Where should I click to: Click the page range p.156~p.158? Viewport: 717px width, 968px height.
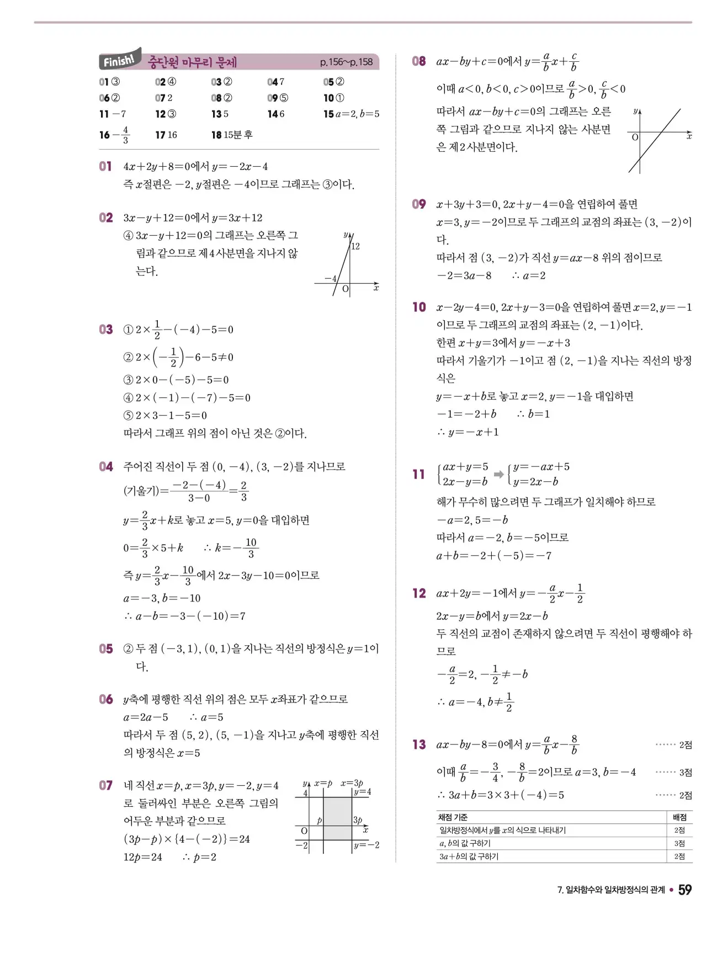click(x=346, y=62)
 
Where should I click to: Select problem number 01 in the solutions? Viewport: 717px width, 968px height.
click(x=105, y=166)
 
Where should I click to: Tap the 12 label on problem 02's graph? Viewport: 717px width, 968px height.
click(x=355, y=246)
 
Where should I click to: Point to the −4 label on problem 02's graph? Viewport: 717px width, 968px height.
click(x=330, y=279)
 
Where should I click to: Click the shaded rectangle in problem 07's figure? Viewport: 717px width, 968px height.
click(x=337, y=818)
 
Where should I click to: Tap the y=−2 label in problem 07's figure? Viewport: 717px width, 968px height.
click(x=367, y=845)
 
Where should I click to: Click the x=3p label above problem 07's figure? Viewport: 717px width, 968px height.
click(x=352, y=783)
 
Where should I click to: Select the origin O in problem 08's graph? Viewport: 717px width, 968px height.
click(x=635, y=137)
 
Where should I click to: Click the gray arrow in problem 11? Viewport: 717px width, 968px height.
click(x=499, y=474)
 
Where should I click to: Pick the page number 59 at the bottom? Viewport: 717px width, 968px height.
click(x=684, y=890)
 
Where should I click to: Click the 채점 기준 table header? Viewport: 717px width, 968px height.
click(x=453, y=817)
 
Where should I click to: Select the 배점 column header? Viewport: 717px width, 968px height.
click(x=679, y=817)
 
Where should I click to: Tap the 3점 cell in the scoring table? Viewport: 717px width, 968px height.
click(x=679, y=843)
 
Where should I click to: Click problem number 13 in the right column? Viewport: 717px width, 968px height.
click(x=419, y=744)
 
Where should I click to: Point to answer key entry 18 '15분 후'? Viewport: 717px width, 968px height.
click(x=232, y=135)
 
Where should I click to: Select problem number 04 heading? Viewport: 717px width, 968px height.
click(x=106, y=467)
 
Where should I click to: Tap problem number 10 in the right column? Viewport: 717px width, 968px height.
click(x=419, y=307)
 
